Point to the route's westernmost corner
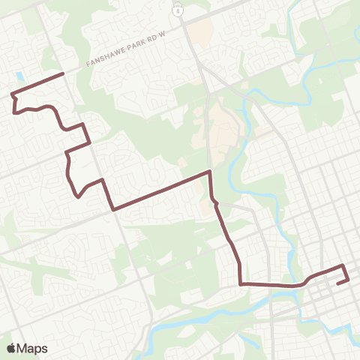[10, 94]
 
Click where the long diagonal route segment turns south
[209, 172]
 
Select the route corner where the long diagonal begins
[112, 210]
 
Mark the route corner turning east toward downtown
[240, 283]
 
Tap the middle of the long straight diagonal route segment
[160, 191]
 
